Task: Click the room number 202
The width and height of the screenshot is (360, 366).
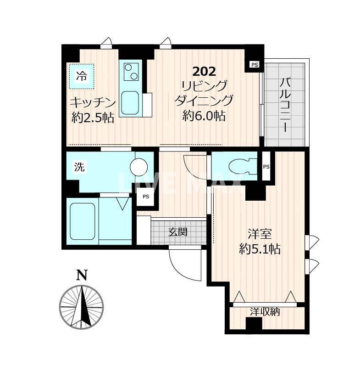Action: (204, 72)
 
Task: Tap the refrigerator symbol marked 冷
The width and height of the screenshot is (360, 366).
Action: (82, 76)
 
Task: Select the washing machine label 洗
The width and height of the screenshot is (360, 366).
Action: (79, 167)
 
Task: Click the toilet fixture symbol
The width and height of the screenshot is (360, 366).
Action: (243, 166)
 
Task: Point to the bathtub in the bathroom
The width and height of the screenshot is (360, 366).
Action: (82, 221)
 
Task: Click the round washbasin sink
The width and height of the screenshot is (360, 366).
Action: (139, 167)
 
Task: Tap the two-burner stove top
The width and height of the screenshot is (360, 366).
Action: (131, 72)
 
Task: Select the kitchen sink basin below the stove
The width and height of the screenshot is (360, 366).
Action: (130, 103)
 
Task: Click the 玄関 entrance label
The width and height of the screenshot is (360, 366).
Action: (178, 232)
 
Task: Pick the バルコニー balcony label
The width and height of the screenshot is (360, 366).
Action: (285, 105)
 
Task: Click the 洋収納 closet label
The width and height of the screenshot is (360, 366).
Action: (265, 312)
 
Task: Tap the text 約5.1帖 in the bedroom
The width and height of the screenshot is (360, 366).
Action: (260, 249)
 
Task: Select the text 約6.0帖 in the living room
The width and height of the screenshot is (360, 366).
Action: (204, 116)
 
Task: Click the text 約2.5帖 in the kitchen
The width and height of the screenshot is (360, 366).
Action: (93, 118)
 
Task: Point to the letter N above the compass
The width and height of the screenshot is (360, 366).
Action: (82, 275)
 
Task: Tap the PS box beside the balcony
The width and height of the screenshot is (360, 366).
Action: (255, 64)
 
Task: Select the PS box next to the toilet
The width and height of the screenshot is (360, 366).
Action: (266, 167)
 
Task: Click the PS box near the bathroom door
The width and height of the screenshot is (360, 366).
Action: (146, 197)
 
